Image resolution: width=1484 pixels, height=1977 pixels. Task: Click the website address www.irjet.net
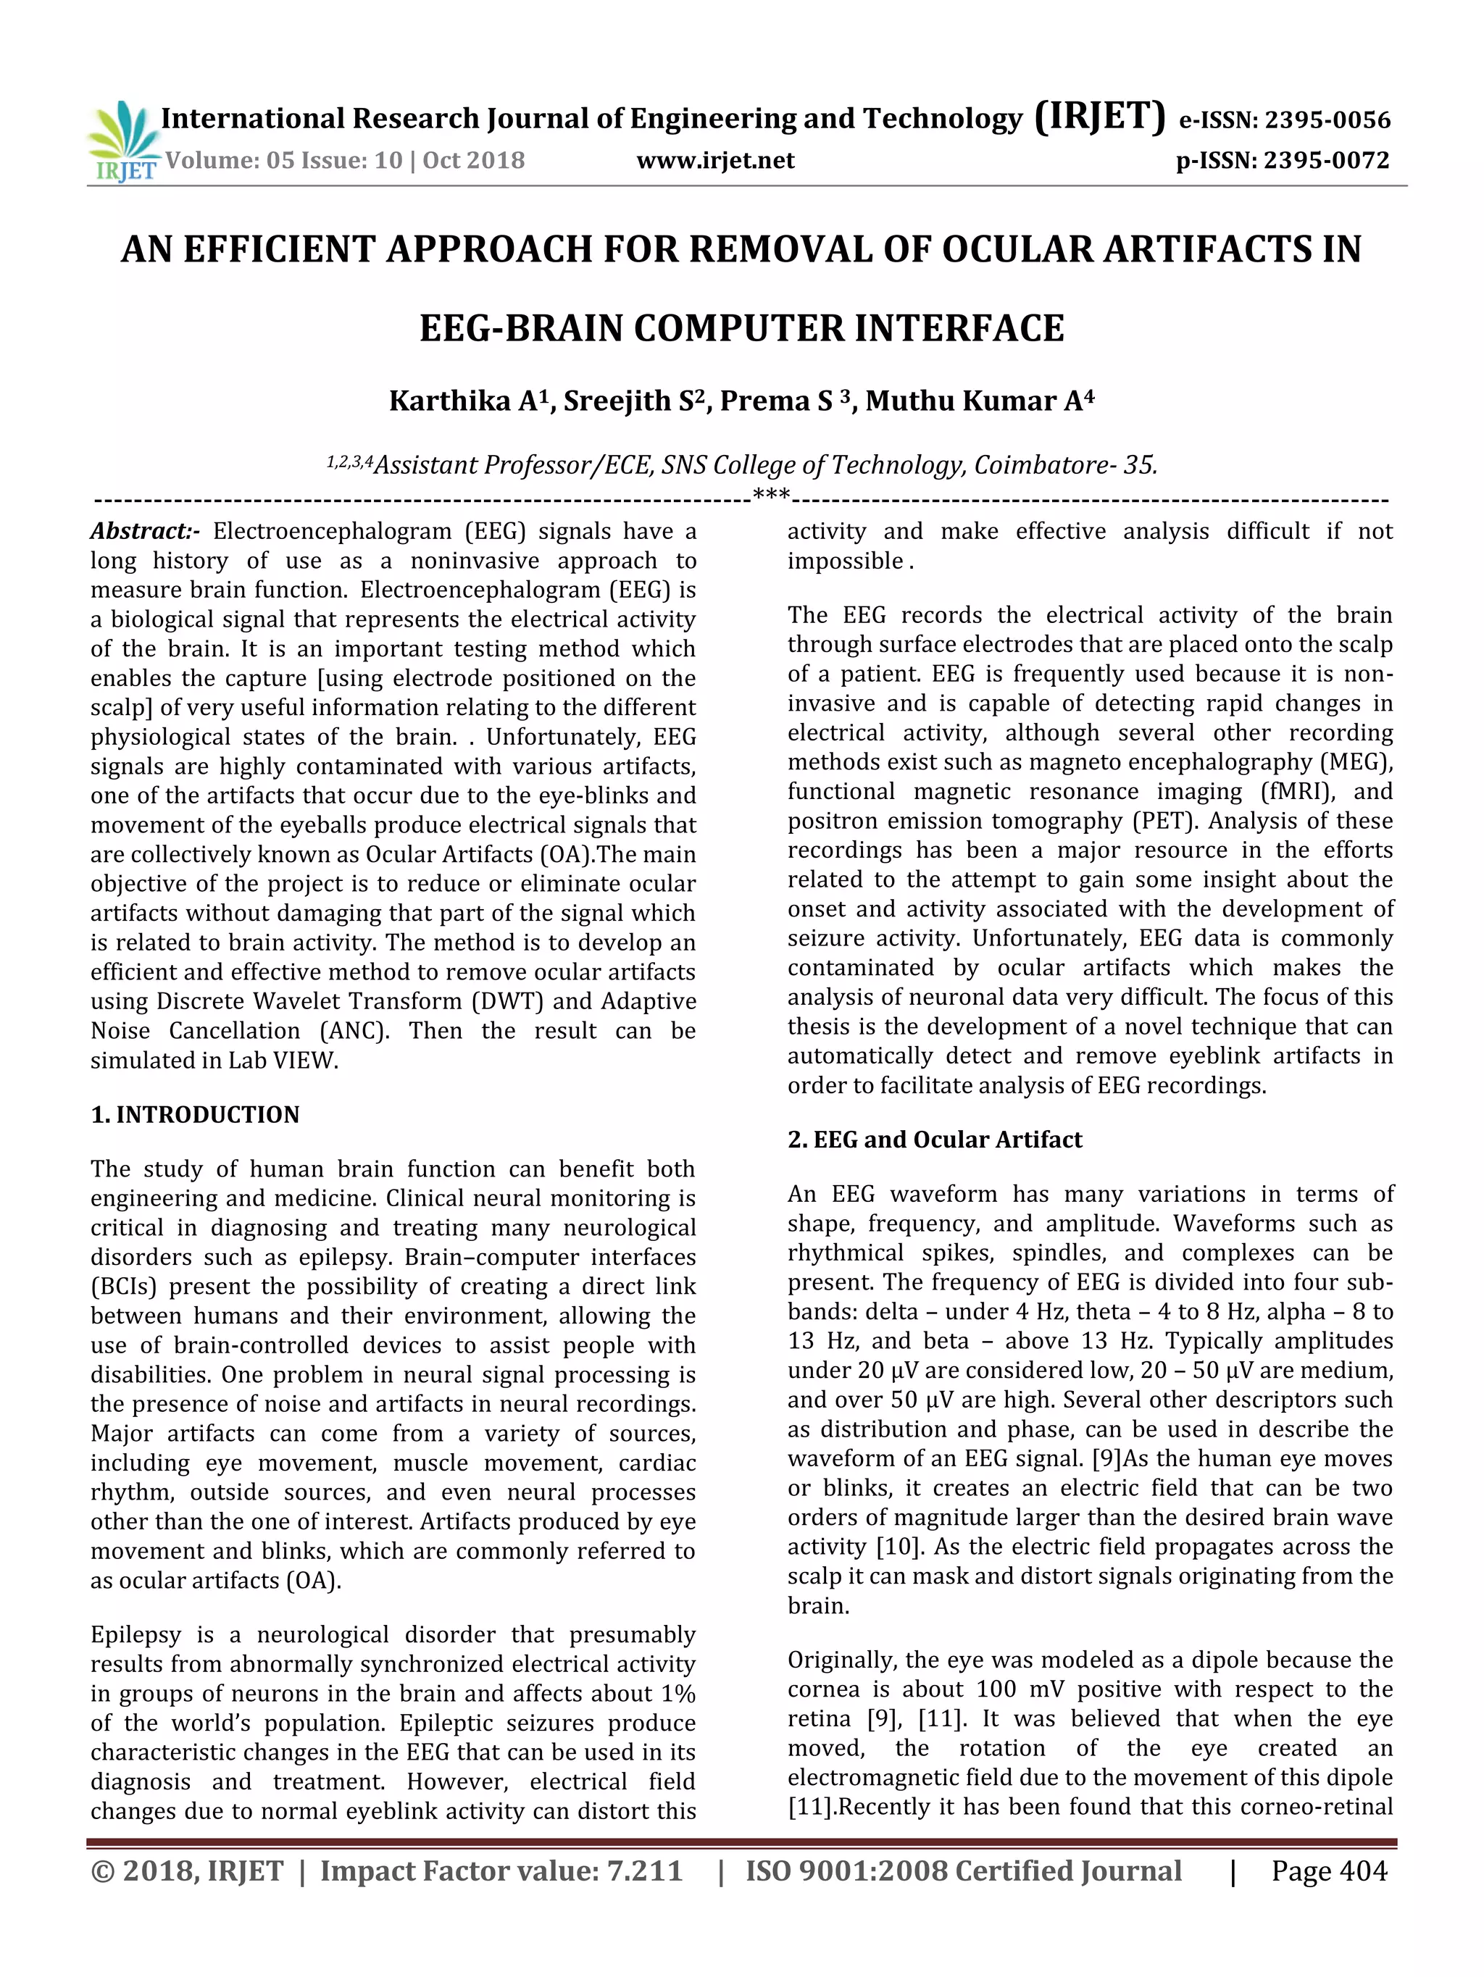[x=715, y=161]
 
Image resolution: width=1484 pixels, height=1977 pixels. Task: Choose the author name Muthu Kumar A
[x=978, y=401]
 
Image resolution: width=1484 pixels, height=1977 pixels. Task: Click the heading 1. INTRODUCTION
[x=195, y=1114]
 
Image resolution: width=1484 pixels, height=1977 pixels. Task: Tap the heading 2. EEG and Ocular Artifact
[x=934, y=1140]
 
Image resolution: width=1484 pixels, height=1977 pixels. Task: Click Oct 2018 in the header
[x=473, y=161]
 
